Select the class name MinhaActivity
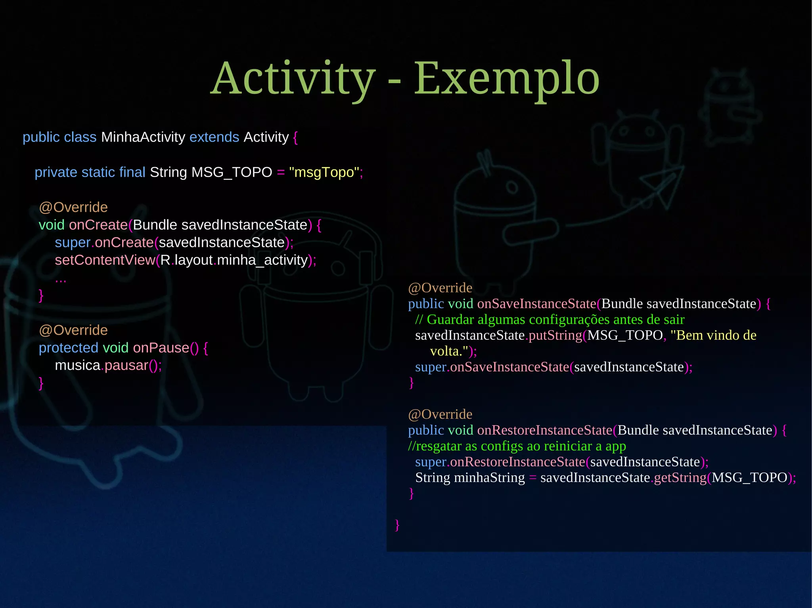143,137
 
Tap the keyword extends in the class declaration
214,137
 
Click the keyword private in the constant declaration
56,172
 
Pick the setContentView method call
105,260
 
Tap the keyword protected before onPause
68,348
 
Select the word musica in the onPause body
77,365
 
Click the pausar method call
126,365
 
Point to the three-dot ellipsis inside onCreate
61,280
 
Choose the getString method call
680,478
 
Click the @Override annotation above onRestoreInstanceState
440,414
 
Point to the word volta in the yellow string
444,351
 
